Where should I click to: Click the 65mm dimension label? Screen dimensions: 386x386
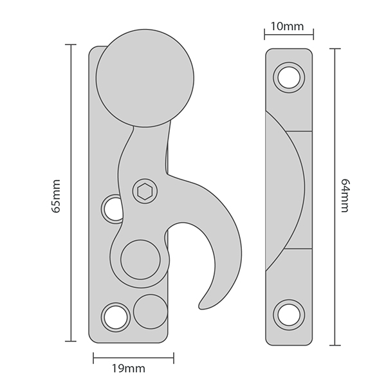[56, 196]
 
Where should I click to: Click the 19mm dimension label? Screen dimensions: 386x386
[129, 369]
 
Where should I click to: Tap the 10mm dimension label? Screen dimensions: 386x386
[288, 26]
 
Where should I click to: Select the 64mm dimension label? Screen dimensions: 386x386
[345, 196]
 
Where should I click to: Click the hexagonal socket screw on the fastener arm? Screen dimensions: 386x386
[145, 191]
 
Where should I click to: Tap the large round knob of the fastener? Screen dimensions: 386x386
[145, 78]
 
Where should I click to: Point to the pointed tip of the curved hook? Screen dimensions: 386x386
[200, 308]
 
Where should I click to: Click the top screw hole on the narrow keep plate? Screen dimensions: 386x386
[289, 77]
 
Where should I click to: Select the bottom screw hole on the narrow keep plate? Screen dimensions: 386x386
[289, 315]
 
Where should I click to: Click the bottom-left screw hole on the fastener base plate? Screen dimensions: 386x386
[116, 317]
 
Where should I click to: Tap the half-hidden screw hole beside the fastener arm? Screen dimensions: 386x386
[112, 209]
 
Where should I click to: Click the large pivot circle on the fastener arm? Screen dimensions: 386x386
[140, 260]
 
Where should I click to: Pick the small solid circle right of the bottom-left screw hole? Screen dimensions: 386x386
[151, 311]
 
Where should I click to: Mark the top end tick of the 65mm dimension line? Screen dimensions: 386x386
[71, 44]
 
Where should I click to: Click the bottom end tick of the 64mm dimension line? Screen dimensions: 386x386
[335, 345]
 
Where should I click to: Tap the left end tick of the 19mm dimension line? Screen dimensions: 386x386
[93, 358]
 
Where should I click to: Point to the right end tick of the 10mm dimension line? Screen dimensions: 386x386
[313, 34]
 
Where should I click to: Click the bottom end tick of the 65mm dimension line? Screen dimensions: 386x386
[71, 341]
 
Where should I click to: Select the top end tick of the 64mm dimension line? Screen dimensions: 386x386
[335, 49]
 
